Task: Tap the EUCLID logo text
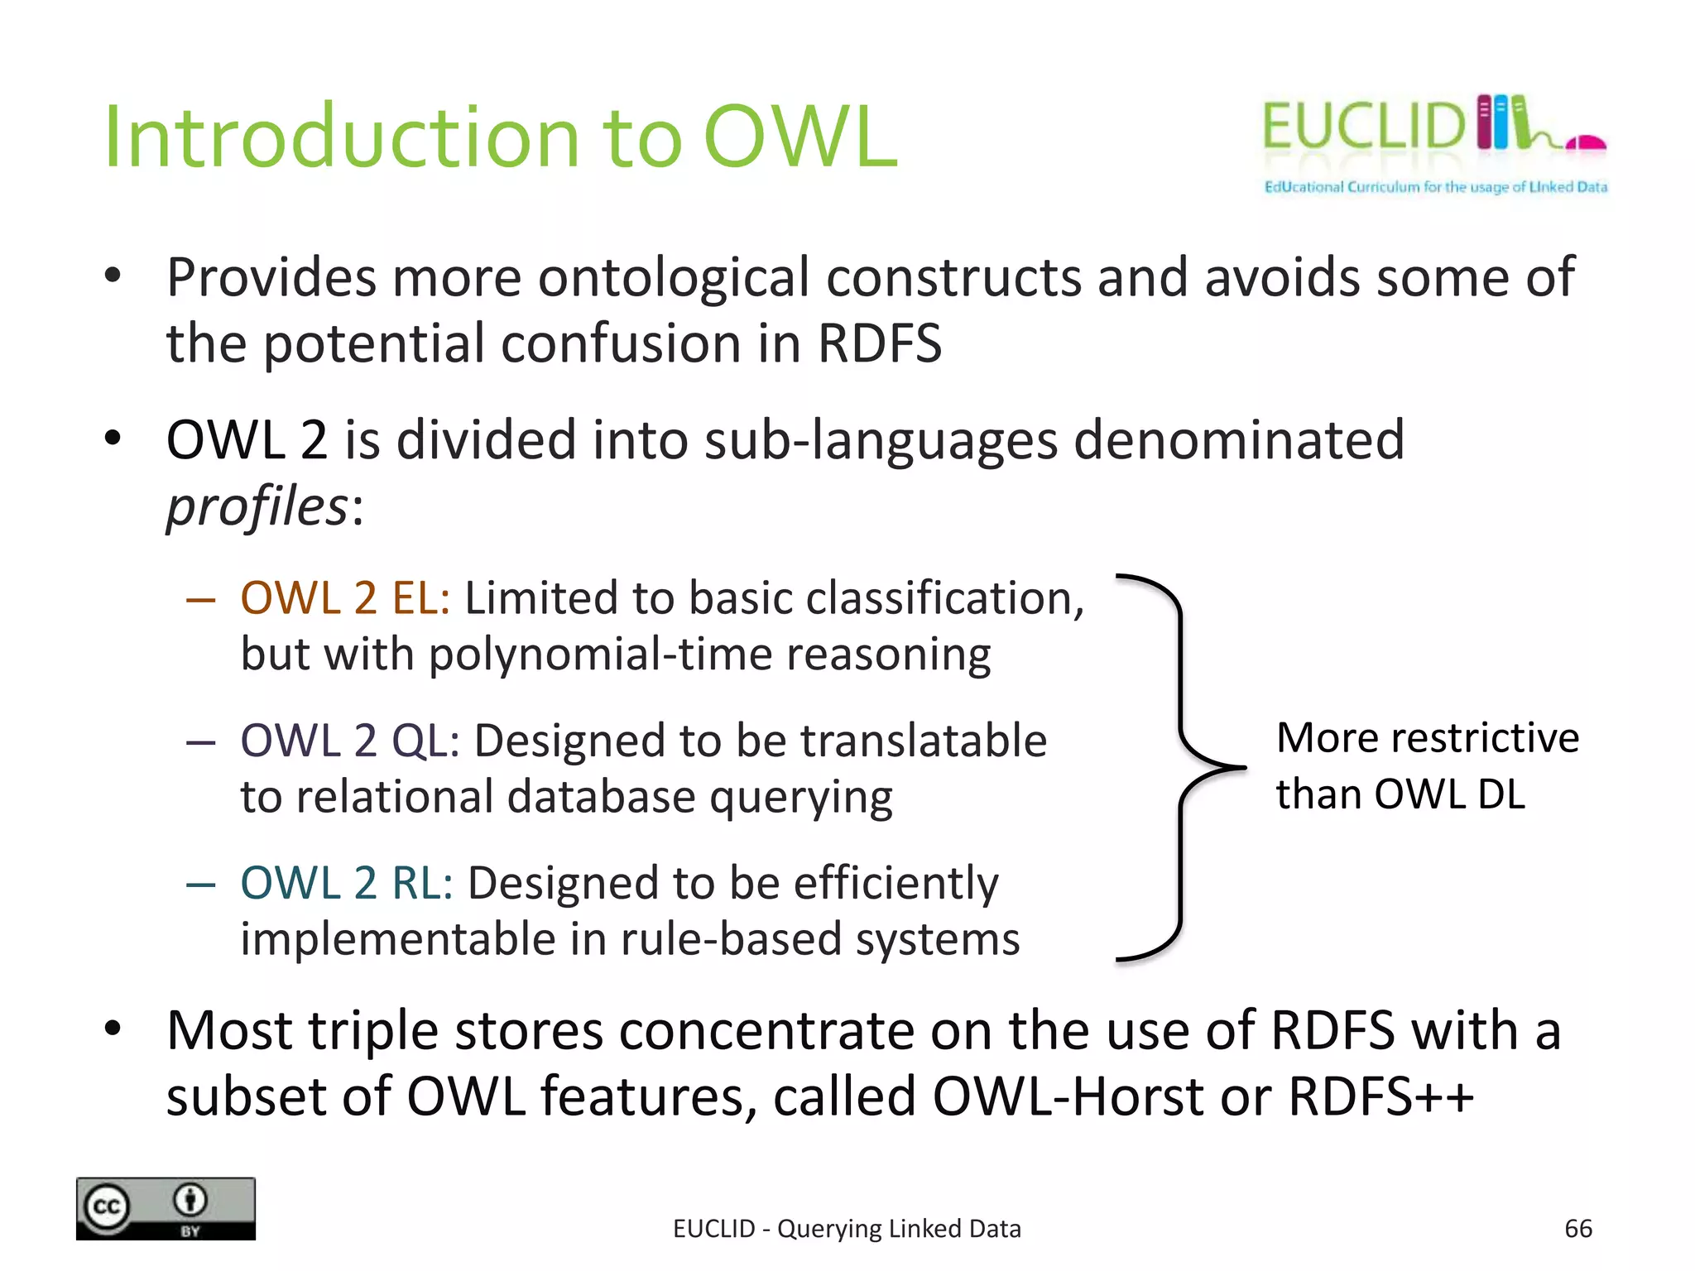point(1364,127)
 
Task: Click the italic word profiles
point(257,506)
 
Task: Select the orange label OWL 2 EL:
point(345,597)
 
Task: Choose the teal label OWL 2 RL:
point(346,882)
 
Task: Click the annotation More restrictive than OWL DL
point(1427,765)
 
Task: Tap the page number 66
point(1577,1228)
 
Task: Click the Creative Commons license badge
point(166,1208)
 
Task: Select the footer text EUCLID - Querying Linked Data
point(847,1229)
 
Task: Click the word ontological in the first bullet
point(674,277)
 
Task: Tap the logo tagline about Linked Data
point(1435,187)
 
